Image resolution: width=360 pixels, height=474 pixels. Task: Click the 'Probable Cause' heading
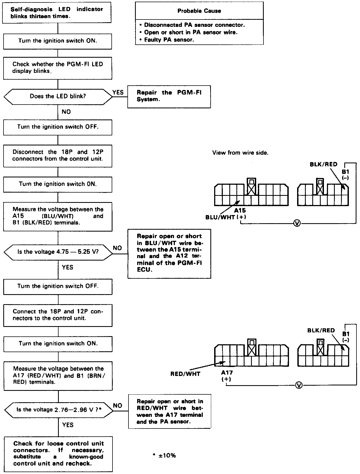click(x=199, y=11)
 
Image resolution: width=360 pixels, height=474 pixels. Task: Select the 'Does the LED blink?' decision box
click(x=58, y=96)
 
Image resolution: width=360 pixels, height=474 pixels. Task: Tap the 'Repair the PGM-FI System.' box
click(x=169, y=96)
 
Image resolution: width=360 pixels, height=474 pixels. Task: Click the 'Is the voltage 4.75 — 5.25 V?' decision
click(x=58, y=252)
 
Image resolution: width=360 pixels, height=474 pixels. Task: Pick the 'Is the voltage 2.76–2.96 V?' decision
click(x=59, y=410)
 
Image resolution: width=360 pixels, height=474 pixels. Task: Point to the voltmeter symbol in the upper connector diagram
click(x=297, y=223)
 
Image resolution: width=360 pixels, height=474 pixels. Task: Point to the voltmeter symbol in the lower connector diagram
click(x=299, y=385)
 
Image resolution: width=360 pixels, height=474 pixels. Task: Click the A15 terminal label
click(x=240, y=210)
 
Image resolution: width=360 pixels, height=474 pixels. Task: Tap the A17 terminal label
click(x=227, y=373)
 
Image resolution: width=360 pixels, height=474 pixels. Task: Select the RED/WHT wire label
click(x=185, y=374)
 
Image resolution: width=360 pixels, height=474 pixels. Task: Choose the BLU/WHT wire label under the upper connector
click(x=220, y=217)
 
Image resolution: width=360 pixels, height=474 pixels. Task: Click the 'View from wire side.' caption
click(x=240, y=153)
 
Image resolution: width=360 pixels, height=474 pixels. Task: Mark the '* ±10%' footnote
click(x=164, y=456)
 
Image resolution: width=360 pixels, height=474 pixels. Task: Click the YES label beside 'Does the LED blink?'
click(x=118, y=92)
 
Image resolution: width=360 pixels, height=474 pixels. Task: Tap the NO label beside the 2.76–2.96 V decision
click(x=118, y=405)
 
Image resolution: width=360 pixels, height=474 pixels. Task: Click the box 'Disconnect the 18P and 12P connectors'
click(x=58, y=155)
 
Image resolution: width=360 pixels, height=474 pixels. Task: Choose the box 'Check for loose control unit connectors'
click(x=58, y=453)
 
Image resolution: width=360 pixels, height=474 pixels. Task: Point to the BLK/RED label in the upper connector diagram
click(x=323, y=164)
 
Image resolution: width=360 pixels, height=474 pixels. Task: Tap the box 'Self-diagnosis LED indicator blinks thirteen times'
click(x=57, y=13)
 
